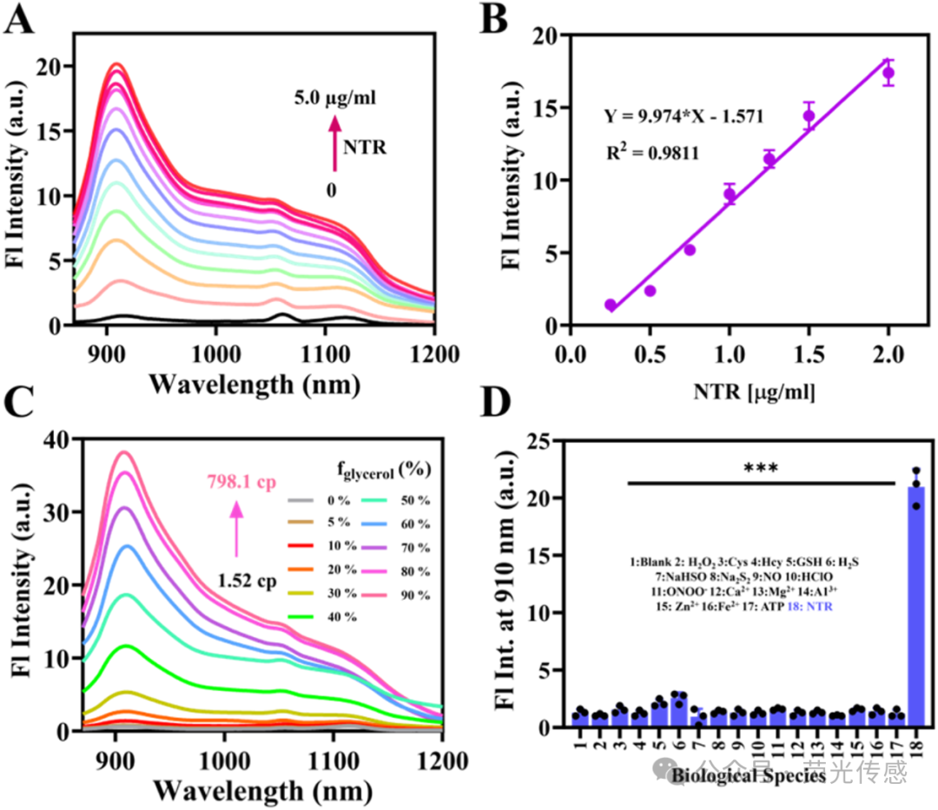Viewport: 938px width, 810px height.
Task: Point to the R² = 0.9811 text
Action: [650, 153]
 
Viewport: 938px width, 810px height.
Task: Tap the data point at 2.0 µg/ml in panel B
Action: [888, 73]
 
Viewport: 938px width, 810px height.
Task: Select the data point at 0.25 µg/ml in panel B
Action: [611, 305]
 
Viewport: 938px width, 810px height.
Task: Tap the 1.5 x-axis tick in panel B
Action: [808, 355]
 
